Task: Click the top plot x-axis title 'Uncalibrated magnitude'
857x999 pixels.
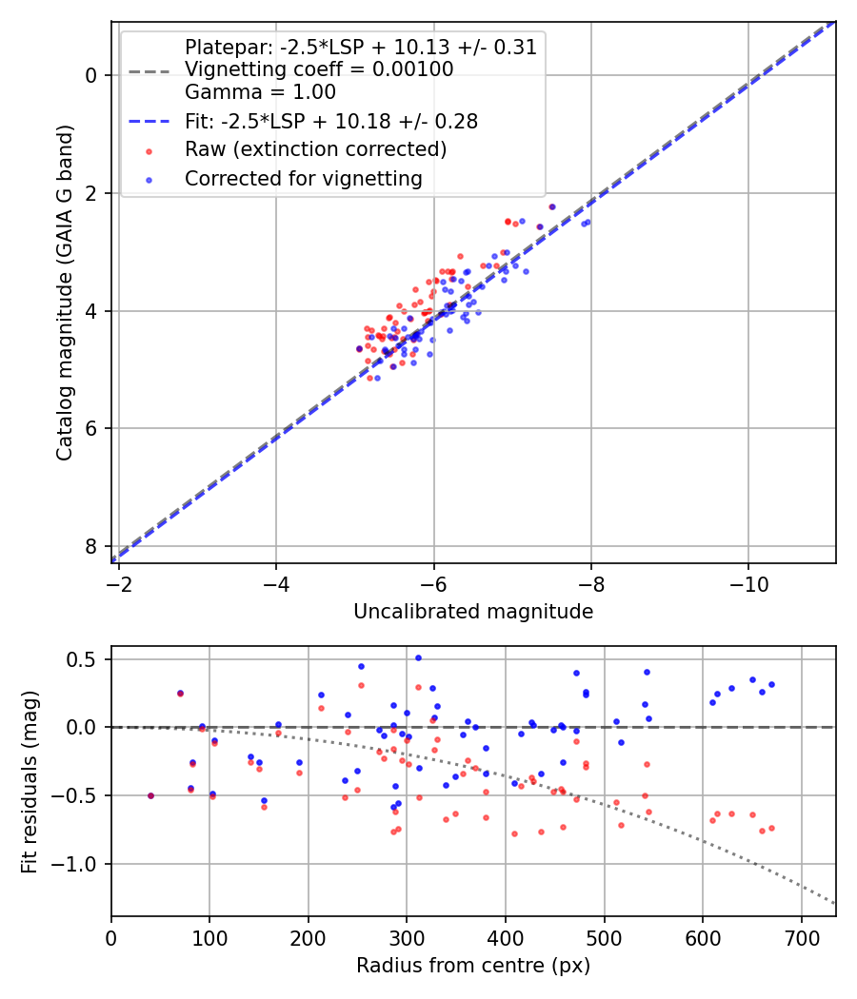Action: click(x=473, y=612)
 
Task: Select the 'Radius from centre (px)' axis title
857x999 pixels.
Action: click(x=473, y=966)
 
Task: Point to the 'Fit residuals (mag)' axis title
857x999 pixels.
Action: click(x=30, y=780)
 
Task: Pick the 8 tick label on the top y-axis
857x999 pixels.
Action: click(x=91, y=546)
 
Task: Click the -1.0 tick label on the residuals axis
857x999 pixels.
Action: click(x=80, y=864)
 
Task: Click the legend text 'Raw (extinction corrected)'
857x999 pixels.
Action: click(x=315, y=149)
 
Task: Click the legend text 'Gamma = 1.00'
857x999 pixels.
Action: click(x=260, y=92)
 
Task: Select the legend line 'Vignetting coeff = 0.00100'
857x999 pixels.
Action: click(x=319, y=69)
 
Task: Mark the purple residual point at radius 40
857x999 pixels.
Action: click(x=150, y=795)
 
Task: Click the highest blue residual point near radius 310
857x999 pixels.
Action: click(x=418, y=657)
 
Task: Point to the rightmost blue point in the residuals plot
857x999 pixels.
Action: click(x=771, y=684)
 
